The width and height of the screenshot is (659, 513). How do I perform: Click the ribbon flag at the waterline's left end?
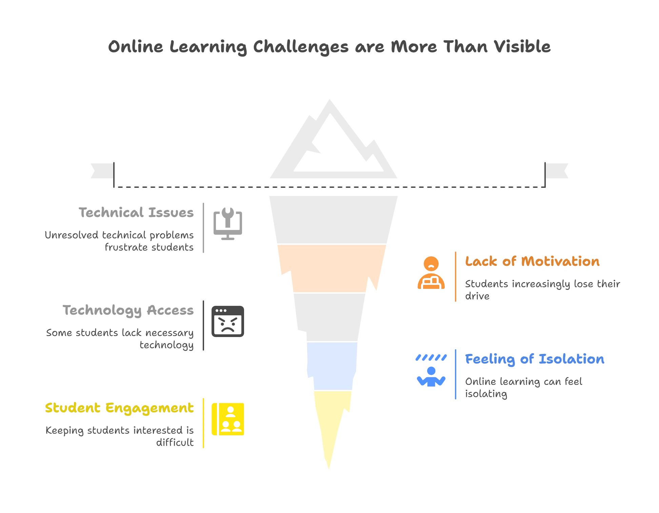click(x=100, y=171)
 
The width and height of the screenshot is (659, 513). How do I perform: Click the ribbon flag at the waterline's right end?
click(x=558, y=171)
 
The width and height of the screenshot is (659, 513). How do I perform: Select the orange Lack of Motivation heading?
click(x=532, y=262)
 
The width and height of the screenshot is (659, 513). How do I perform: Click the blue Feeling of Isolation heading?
click(x=534, y=359)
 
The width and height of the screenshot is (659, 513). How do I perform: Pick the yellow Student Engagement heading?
click(x=120, y=408)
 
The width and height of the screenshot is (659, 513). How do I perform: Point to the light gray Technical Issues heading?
click(x=137, y=213)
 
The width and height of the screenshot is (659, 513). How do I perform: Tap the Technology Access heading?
click(x=129, y=311)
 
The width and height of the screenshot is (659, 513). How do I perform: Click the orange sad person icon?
click(x=431, y=273)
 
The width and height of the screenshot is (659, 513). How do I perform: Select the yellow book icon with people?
click(x=228, y=419)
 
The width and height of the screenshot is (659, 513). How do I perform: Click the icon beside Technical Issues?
click(x=228, y=223)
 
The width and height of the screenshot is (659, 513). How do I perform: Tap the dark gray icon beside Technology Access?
click(x=228, y=321)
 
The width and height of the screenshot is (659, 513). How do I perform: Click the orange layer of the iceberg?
click(x=331, y=268)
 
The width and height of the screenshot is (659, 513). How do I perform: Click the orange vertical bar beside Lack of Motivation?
click(x=456, y=276)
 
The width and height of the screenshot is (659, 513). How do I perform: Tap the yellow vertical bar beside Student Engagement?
click(x=203, y=423)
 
